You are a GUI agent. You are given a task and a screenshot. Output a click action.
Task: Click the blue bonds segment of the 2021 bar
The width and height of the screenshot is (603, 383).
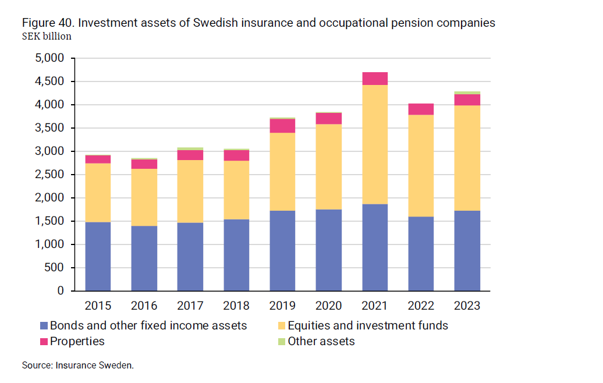[375, 247]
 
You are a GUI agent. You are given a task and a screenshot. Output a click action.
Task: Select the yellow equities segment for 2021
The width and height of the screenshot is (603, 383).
[375, 144]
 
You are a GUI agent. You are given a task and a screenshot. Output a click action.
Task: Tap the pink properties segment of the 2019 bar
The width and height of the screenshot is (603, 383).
[282, 126]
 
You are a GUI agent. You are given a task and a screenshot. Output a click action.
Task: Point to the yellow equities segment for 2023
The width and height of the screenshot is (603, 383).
[467, 158]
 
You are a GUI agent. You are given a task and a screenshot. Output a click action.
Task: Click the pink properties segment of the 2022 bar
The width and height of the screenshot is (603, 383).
[421, 109]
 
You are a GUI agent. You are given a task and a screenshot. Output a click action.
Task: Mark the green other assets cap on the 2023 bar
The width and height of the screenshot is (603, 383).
[467, 93]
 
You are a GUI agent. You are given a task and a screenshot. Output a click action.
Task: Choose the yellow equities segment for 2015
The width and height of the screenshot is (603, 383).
[98, 193]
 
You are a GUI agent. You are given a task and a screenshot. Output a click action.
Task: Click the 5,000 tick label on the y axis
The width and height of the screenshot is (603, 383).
[51, 58]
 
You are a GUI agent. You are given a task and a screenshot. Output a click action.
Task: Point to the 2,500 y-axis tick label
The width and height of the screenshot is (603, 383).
[51, 175]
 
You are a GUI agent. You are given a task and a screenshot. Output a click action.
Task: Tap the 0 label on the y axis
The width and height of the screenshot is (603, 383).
[61, 291]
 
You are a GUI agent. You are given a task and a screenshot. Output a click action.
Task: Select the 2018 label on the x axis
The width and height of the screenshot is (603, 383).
[236, 306]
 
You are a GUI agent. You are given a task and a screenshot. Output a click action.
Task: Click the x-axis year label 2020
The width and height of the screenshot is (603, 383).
[329, 306]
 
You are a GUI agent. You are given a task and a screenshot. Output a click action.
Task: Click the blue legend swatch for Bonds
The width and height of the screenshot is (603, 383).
[44, 325]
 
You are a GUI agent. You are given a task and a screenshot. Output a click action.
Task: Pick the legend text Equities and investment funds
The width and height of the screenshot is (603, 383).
[368, 325]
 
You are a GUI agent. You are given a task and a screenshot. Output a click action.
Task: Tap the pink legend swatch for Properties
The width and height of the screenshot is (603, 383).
[44, 341]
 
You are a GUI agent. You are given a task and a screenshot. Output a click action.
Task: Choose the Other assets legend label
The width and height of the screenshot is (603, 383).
[321, 341]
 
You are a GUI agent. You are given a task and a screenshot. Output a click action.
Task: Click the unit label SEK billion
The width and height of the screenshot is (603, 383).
[47, 37]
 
